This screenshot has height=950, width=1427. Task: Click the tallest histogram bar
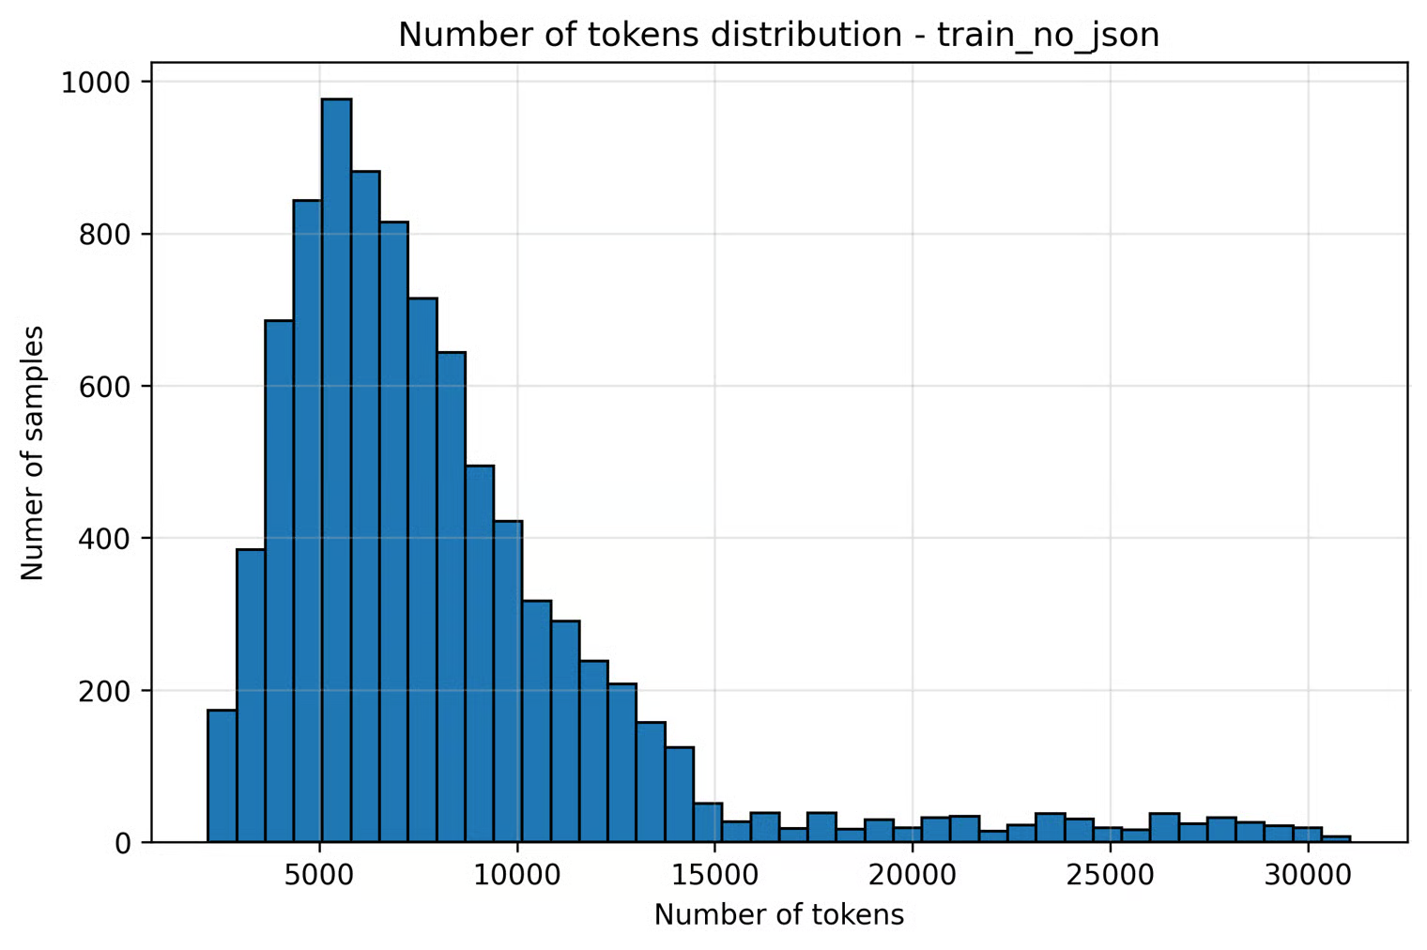[x=336, y=469]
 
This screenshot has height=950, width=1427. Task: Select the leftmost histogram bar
[x=222, y=776]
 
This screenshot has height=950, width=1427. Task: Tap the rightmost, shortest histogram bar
[x=1336, y=838]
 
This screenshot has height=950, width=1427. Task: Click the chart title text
[x=778, y=35]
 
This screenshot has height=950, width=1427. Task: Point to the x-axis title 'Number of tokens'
[x=778, y=914]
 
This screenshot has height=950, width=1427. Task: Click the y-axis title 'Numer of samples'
[x=33, y=452]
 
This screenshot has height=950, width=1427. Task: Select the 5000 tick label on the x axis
[x=320, y=875]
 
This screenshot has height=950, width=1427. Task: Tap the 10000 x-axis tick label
[x=517, y=875]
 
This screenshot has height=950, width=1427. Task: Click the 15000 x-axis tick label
[x=714, y=875]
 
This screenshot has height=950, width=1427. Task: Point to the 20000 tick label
[x=913, y=875]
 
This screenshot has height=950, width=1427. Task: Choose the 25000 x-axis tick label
[x=1110, y=875]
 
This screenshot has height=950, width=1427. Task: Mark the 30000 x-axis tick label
[x=1308, y=875]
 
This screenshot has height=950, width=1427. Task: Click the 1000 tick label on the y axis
[x=95, y=83]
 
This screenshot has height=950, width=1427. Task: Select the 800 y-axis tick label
[x=104, y=234]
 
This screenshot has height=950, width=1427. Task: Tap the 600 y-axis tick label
[x=104, y=386]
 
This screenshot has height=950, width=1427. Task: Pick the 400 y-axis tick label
[x=104, y=539]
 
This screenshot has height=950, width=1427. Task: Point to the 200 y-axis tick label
[x=104, y=691]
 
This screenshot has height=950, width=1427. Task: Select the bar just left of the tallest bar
[x=307, y=521]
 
